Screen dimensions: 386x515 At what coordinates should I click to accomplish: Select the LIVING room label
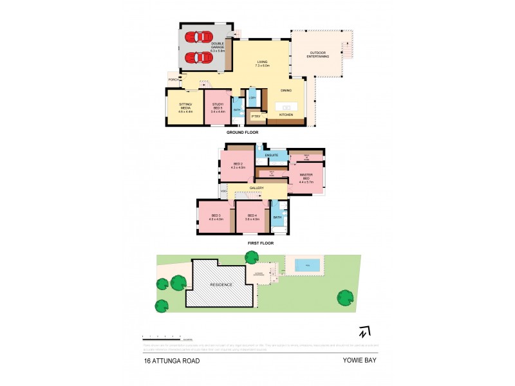coord(262,64)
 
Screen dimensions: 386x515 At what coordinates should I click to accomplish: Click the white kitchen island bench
coord(285,106)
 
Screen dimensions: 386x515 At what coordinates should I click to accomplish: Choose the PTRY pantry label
coord(256,116)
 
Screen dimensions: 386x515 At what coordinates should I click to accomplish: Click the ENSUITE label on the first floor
coord(271,155)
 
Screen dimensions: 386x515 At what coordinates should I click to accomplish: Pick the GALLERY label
coord(257,188)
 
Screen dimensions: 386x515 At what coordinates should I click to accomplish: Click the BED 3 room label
coord(215,217)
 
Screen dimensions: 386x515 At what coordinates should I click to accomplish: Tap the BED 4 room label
coord(252,217)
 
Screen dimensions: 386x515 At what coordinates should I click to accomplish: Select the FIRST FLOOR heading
coord(260,243)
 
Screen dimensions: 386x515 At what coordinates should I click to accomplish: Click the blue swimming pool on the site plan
coord(307,264)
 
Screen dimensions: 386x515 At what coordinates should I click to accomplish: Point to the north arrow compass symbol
coord(365,332)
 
